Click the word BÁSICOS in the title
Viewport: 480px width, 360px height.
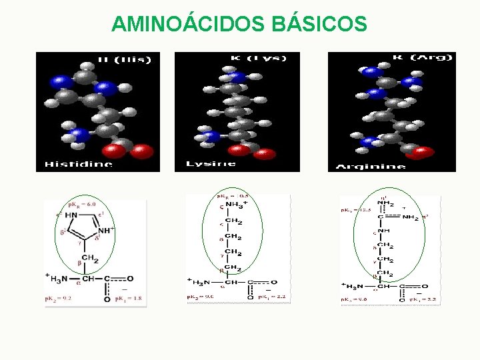[x=319, y=24]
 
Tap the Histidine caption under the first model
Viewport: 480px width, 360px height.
[x=78, y=163]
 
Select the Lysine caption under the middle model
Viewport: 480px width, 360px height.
[x=211, y=163]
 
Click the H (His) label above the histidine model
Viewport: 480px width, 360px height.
[x=124, y=59]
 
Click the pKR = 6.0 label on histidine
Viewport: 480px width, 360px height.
[x=82, y=205]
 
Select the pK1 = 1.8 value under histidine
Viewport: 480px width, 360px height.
[x=129, y=299]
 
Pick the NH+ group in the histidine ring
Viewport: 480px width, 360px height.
[x=107, y=232]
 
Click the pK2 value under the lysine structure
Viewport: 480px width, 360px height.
[x=202, y=297]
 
